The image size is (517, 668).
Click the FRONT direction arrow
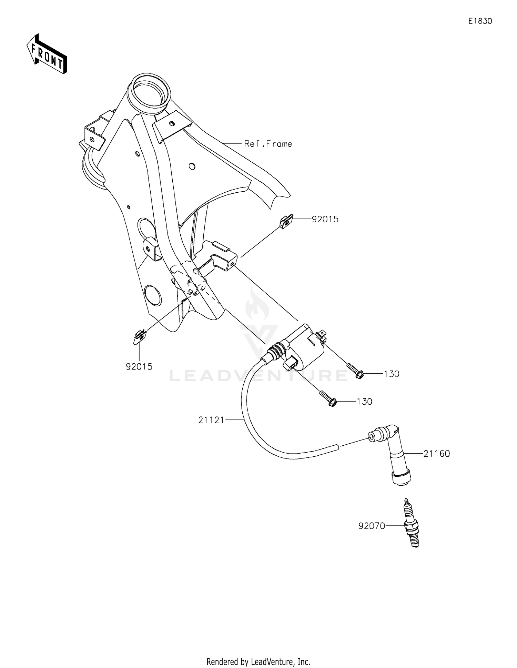pyautogui.click(x=47, y=54)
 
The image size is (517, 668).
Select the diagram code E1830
pyautogui.click(x=480, y=21)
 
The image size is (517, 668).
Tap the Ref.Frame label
pyautogui.click(x=268, y=144)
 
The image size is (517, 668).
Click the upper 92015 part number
pyautogui.click(x=325, y=219)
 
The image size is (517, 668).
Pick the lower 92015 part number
pyautogui.click(x=139, y=367)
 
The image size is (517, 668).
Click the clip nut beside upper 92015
pyautogui.click(x=286, y=222)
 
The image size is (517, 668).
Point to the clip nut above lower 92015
pyautogui.click(x=140, y=336)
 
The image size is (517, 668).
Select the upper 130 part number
pyautogui.click(x=392, y=374)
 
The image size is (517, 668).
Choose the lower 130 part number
pyautogui.click(x=364, y=402)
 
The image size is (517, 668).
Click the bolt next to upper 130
pyautogui.click(x=355, y=371)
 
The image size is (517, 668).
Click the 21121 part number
pyautogui.click(x=211, y=420)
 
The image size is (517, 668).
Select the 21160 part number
pyautogui.click(x=437, y=454)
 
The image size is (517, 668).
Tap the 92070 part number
pyautogui.click(x=372, y=526)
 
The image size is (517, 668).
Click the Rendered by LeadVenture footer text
pyautogui.click(x=258, y=661)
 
